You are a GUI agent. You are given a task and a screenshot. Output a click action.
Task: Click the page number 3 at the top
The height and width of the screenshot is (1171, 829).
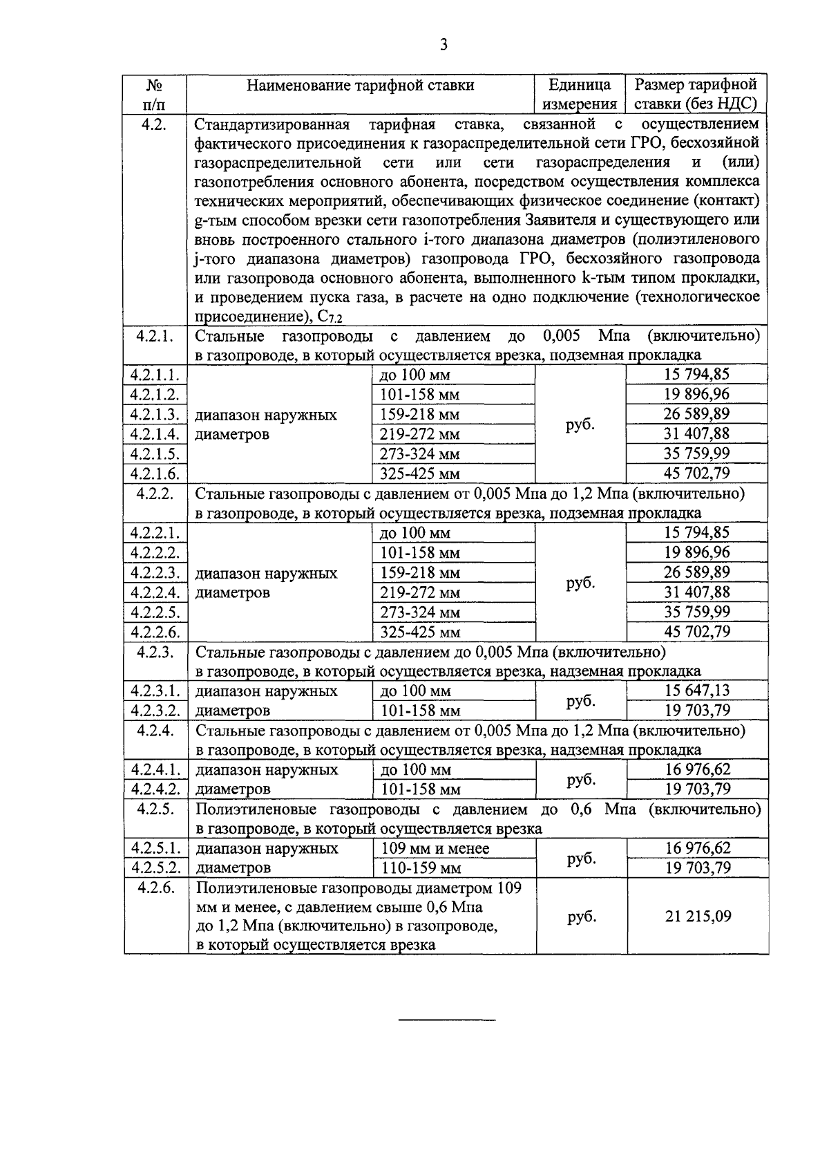444,45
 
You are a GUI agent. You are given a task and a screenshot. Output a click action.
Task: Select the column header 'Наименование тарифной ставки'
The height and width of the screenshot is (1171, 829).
361,85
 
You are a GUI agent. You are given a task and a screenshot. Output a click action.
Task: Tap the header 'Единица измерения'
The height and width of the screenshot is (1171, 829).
580,95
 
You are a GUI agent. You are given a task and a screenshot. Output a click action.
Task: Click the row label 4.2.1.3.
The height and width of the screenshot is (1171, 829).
155,415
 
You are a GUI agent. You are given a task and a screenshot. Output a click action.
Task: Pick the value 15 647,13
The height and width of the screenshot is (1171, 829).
697,691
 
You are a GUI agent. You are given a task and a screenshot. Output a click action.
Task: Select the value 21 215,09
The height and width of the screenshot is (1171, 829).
697,917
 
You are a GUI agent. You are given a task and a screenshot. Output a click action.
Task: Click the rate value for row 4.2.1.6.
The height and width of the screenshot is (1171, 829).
697,474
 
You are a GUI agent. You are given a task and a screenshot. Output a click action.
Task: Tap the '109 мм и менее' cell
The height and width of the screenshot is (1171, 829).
435,848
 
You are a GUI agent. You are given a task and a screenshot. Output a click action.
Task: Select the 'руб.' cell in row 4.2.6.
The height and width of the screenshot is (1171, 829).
580,917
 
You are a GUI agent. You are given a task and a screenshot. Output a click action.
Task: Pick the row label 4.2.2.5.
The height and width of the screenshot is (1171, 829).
155,612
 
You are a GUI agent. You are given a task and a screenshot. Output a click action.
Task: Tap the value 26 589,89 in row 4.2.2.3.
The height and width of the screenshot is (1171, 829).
697,572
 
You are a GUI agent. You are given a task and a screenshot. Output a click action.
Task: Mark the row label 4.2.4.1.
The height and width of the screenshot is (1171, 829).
155,770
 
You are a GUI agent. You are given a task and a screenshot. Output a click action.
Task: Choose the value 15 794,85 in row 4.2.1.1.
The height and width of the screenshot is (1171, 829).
697,375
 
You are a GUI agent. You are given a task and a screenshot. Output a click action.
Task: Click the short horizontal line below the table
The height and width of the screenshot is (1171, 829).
448,1020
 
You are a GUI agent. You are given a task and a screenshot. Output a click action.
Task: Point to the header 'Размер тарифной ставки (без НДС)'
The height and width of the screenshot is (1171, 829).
696,95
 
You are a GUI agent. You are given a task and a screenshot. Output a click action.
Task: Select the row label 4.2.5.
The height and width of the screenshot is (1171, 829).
155,809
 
